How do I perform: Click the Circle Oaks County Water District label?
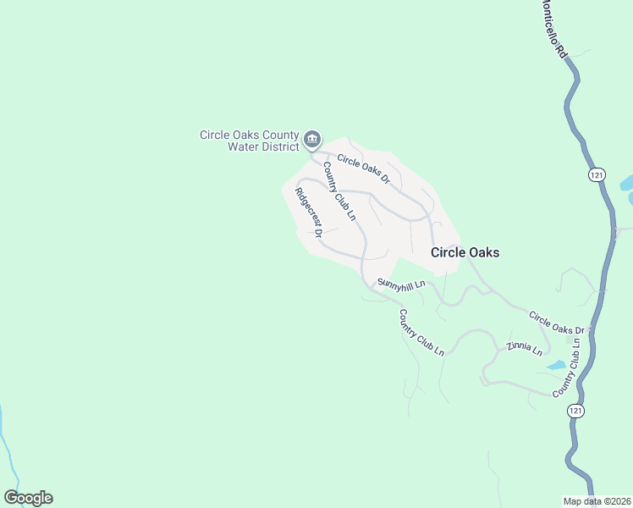pos(250,141)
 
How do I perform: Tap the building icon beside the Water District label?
pos(312,139)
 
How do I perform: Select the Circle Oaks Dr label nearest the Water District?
pos(363,168)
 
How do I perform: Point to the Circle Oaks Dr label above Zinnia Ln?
pos(557,323)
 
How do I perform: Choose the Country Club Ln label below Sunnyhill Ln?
pos(421,332)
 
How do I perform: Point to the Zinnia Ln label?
pos(525,349)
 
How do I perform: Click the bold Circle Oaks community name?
pos(465,252)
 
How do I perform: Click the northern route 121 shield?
pos(598,174)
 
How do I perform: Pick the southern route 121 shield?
pos(575,411)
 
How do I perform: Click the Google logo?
pos(28,498)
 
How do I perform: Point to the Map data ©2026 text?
pos(597,501)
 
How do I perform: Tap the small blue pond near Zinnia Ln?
pos(556,366)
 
